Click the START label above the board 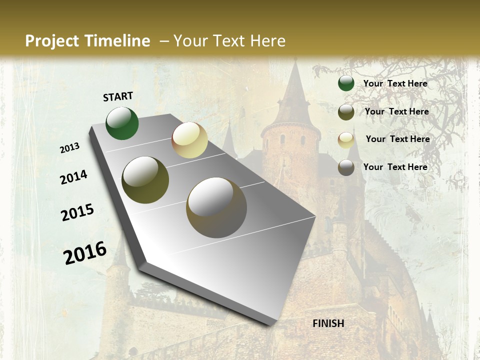pos(118,96)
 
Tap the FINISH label pos(328,323)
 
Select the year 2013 pos(69,148)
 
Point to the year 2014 pos(73,177)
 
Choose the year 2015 pos(77,212)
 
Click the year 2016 pos(85,252)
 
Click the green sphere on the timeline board pos(122,123)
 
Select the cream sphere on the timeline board pos(189,140)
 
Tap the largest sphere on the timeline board pos(216,207)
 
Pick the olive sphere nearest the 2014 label pos(145,180)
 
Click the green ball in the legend pos(346,83)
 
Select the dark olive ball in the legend pos(346,112)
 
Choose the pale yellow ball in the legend pos(346,139)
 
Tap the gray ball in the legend pos(346,167)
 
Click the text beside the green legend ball pos(395,83)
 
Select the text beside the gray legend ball pos(395,167)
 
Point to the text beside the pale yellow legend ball pos(397,139)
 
